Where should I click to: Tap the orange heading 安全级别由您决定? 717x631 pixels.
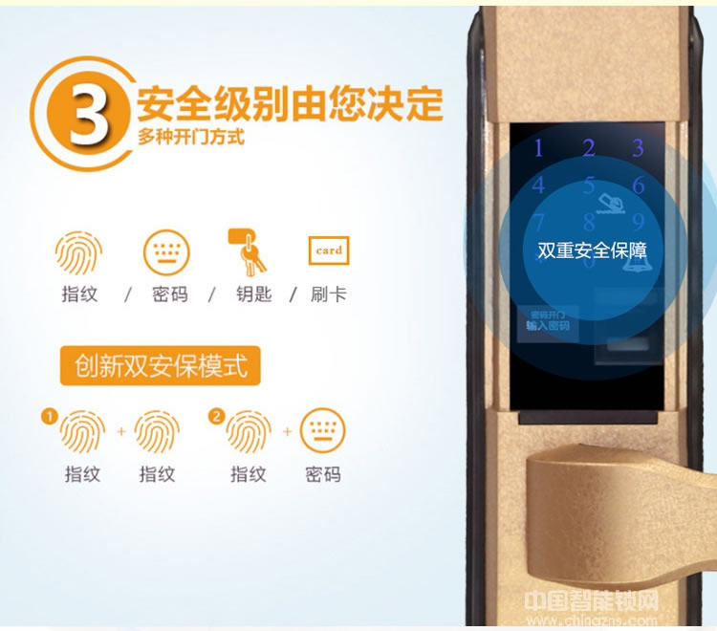click(290, 102)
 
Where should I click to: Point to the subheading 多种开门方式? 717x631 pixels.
click(190, 137)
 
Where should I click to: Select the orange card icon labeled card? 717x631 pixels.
click(328, 250)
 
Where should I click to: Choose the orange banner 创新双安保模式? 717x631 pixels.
click(160, 365)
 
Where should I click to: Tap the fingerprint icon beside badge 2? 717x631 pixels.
click(248, 432)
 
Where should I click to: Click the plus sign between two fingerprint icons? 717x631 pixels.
click(121, 432)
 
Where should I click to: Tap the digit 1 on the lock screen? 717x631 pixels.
click(538, 148)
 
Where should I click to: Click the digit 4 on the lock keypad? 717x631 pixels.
click(539, 185)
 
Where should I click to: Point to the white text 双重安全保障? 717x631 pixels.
click(592, 251)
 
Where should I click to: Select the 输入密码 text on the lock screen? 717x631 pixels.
click(548, 326)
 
